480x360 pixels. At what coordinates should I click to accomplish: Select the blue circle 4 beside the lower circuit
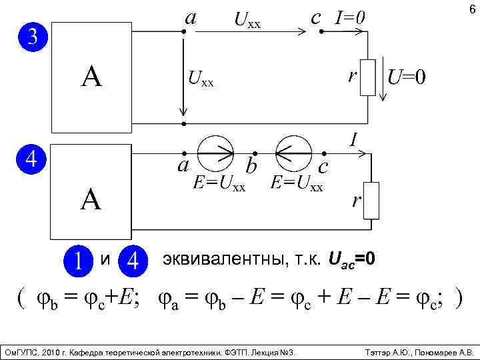31,159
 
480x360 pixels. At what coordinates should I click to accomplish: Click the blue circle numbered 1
79,259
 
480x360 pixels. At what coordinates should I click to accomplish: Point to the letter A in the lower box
91,200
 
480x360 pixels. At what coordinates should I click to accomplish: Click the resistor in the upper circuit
369,78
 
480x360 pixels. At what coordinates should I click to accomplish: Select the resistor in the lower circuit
371,200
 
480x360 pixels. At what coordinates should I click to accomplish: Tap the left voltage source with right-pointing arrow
215,153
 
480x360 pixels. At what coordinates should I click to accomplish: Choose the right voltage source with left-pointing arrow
291,153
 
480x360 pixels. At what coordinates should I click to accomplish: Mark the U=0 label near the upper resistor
406,78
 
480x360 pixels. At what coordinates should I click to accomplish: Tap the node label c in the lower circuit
322,165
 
